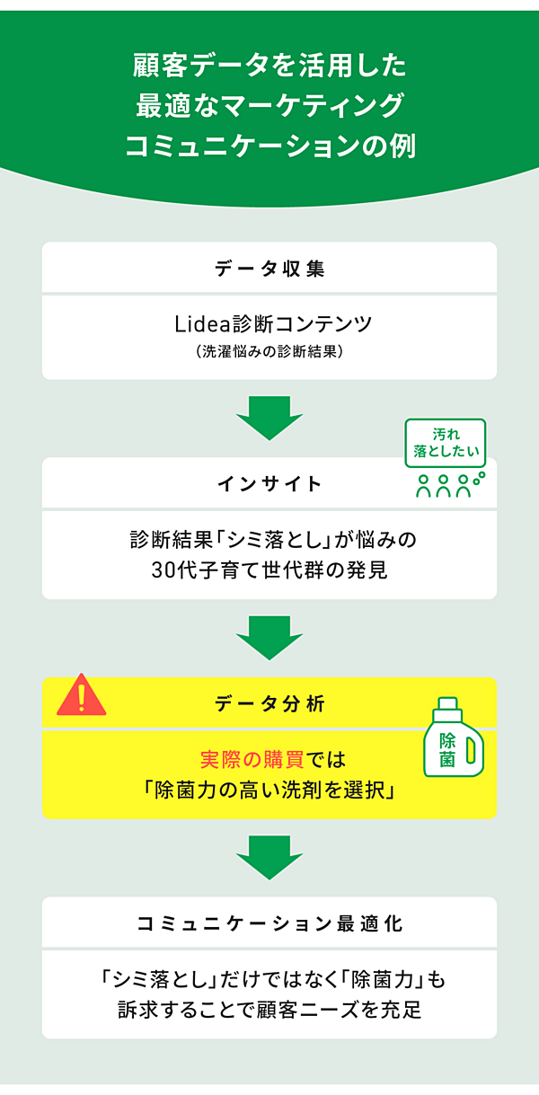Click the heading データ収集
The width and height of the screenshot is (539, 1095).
point(269,268)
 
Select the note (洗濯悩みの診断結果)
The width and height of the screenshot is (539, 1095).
point(269,352)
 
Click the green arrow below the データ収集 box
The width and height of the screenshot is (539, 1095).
point(269,417)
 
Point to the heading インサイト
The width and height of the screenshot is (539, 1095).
point(269,484)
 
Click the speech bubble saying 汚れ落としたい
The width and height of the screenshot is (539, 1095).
point(445,444)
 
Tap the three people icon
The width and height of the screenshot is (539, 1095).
point(444,486)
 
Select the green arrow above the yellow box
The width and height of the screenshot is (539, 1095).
point(269,637)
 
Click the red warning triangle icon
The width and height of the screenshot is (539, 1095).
point(81,696)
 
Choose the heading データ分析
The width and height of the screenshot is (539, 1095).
point(269,704)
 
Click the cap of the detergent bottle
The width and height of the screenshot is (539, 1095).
point(449,706)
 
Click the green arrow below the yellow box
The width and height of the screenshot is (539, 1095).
point(269,857)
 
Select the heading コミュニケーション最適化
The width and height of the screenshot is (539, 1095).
point(269,923)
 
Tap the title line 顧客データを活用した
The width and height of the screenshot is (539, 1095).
point(269,66)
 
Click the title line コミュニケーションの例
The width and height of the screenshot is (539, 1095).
point(269,146)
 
